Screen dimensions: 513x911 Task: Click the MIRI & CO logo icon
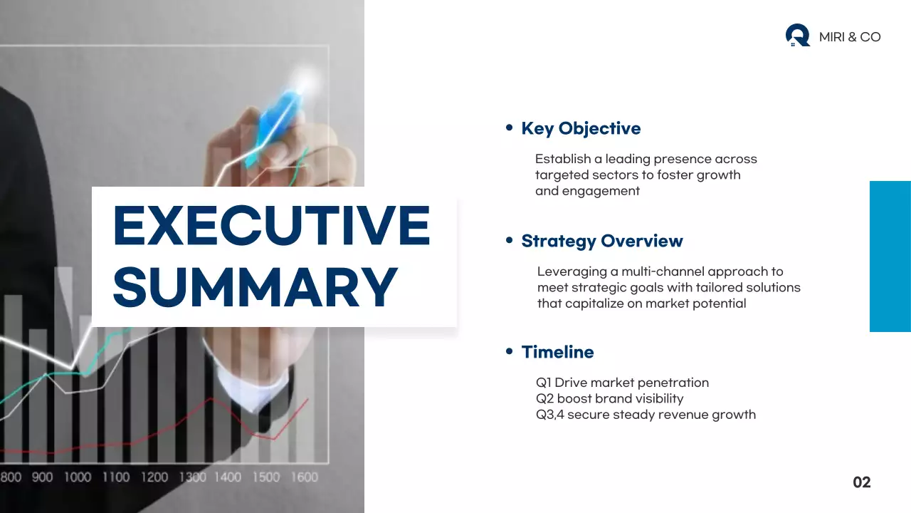[x=797, y=36]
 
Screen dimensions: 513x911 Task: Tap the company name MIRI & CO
[x=850, y=37]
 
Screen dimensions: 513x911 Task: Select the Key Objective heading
[x=581, y=128]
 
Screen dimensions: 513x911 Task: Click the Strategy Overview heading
[x=602, y=241]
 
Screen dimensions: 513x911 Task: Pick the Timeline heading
[x=557, y=352]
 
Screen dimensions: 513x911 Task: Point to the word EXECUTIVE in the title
[x=271, y=226]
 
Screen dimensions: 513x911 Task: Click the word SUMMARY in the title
[x=255, y=286]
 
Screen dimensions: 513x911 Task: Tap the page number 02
[x=862, y=482]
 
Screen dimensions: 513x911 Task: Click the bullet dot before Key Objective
[x=509, y=128]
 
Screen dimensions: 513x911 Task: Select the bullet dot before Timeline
[x=509, y=351]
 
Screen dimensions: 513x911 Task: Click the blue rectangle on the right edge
[x=890, y=256]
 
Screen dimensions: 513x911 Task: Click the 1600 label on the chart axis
[x=304, y=477]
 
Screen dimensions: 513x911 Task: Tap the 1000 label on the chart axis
[x=78, y=477]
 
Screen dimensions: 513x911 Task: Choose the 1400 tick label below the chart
[x=228, y=477]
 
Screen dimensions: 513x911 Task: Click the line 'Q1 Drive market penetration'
[x=622, y=383]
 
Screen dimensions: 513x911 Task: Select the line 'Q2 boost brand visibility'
[x=609, y=398]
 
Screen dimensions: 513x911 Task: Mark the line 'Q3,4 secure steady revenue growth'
[x=646, y=415]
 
